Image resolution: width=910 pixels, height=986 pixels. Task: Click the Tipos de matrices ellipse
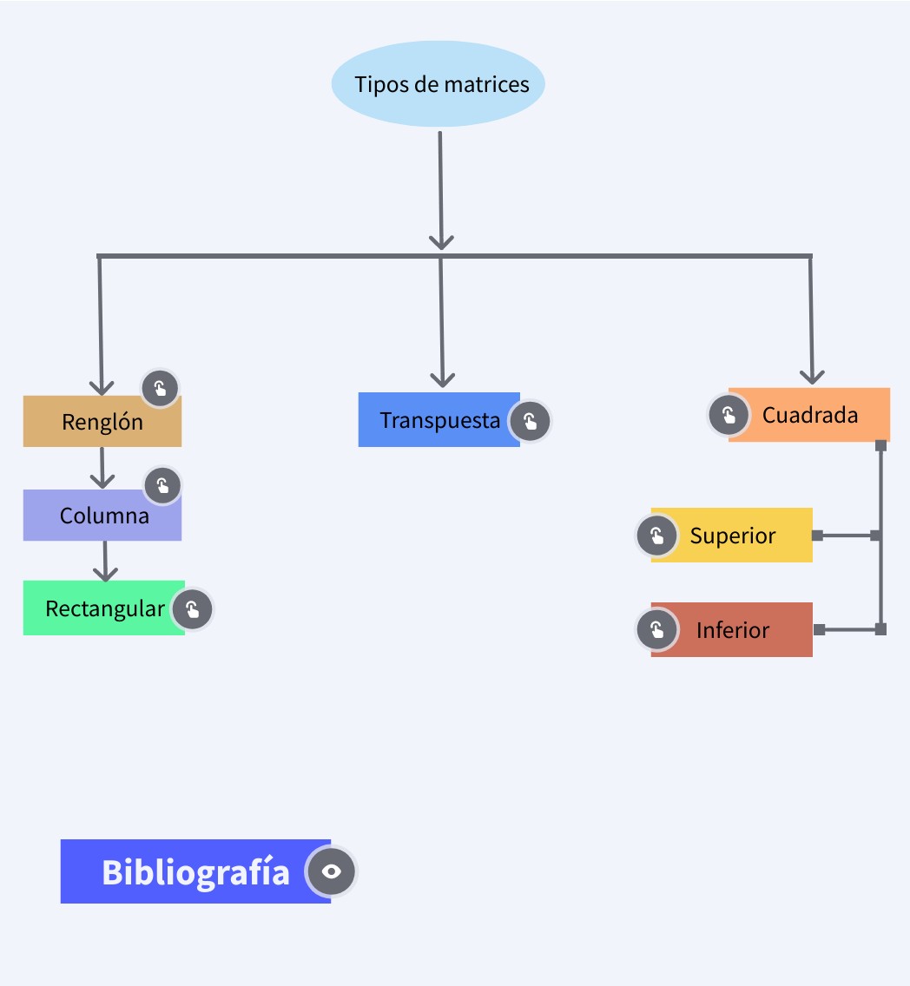pyautogui.click(x=438, y=84)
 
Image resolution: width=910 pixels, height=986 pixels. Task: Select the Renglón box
pyautogui.click(x=102, y=422)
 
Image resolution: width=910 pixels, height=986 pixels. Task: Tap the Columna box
pyautogui.click(x=102, y=516)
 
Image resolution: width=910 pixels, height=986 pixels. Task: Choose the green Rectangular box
pyautogui.click(x=102, y=608)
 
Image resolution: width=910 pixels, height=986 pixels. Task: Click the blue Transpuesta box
pyautogui.click(x=439, y=420)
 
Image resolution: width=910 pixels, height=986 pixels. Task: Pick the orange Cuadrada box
pyautogui.click(x=809, y=415)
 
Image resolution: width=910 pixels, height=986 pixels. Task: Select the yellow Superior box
pyautogui.click(x=732, y=536)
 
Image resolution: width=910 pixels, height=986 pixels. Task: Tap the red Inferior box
pyautogui.click(x=732, y=630)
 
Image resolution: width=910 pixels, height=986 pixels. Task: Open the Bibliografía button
pyautogui.click(x=195, y=871)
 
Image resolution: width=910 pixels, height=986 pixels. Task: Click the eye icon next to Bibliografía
pyautogui.click(x=331, y=871)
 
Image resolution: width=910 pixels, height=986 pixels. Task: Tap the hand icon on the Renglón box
pyautogui.click(x=160, y=388)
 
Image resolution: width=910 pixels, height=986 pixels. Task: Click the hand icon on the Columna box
pyautogui.click(x=162, y=486)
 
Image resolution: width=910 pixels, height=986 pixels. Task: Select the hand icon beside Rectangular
pyautogui.click(x=192, y=610)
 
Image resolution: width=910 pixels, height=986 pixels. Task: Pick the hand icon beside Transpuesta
pyautogui.click(x=530, y=422)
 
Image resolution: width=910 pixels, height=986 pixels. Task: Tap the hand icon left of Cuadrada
pyautogui.click(x=729, y=415)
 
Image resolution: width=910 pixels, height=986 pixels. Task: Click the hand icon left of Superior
pyautogui.click(x=656, y=536)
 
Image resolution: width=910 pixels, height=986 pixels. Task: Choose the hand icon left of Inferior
pyautogui.click(x=656, y=630)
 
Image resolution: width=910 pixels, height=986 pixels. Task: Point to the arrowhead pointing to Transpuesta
pyautogui.click(x=443, y=378)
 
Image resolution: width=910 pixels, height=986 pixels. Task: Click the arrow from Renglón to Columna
pyautogui.click(x=102, y=468)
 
